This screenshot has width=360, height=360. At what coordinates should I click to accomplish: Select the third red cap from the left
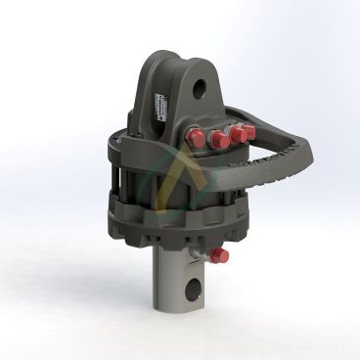pos(235,134)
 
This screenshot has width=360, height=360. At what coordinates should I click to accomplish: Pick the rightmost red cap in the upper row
pos(248,131)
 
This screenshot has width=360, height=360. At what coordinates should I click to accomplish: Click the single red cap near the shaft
pos(219,256)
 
